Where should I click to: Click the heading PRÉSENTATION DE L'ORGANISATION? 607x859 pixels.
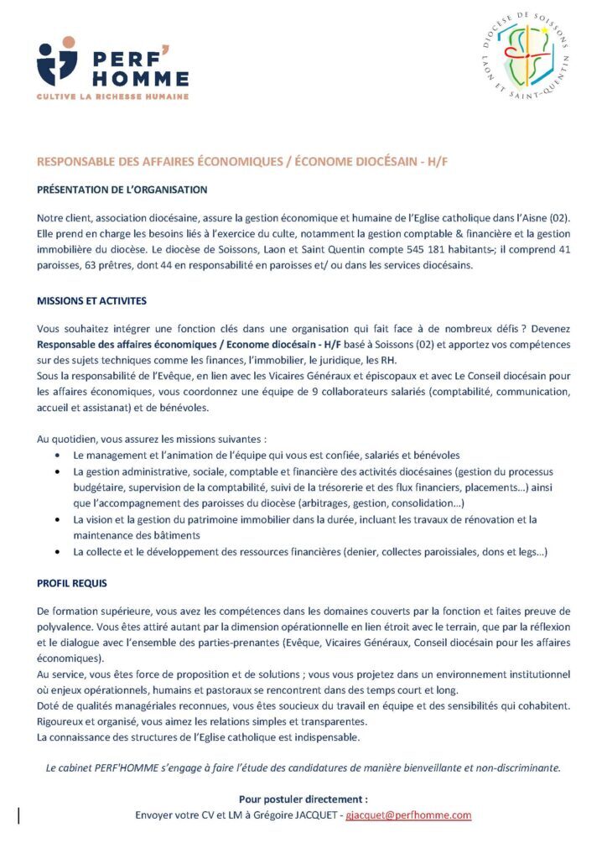(x=122, y=190)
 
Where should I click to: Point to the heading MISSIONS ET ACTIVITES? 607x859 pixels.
(x=92, y=299)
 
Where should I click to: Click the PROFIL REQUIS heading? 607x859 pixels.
(x=72, y=582)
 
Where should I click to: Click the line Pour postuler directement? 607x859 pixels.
(x=303, y=799)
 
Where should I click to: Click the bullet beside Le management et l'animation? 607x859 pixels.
(x=56, y=455)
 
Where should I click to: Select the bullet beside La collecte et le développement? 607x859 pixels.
(x=56, y=552)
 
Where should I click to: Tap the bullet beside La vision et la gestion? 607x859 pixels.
(x=56, y=520)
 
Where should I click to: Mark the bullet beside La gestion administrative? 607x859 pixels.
(x=56, y=471)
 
